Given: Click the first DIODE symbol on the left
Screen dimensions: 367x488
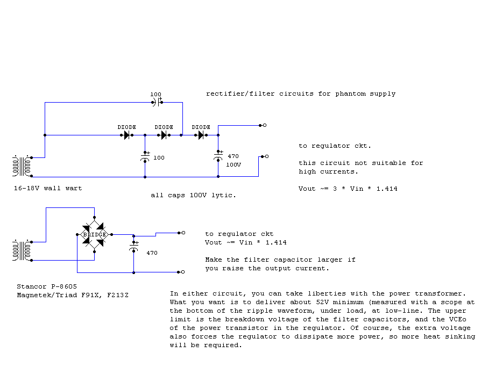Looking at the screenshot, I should tap(128, 135).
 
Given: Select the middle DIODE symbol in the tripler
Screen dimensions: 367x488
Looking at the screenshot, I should tap(164, 135).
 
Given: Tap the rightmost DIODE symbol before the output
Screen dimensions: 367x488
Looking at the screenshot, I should tap(201, 135).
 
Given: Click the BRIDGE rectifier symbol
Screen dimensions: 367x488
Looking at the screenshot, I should tap(95, 234).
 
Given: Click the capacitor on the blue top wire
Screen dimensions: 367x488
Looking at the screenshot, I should tap(158, 102).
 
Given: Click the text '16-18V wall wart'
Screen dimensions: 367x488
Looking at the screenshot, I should tap(48, 189).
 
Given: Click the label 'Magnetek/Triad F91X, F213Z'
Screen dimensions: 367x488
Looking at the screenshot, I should tap(73, 295).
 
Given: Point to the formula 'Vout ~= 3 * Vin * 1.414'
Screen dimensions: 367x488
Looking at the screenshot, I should tap(348, 189).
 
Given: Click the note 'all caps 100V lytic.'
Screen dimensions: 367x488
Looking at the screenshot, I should tap(193, 196).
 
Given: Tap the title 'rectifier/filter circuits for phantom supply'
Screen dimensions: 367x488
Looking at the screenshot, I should tap(301, 93).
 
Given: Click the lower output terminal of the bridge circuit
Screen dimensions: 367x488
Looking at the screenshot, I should tap(183, 272).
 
